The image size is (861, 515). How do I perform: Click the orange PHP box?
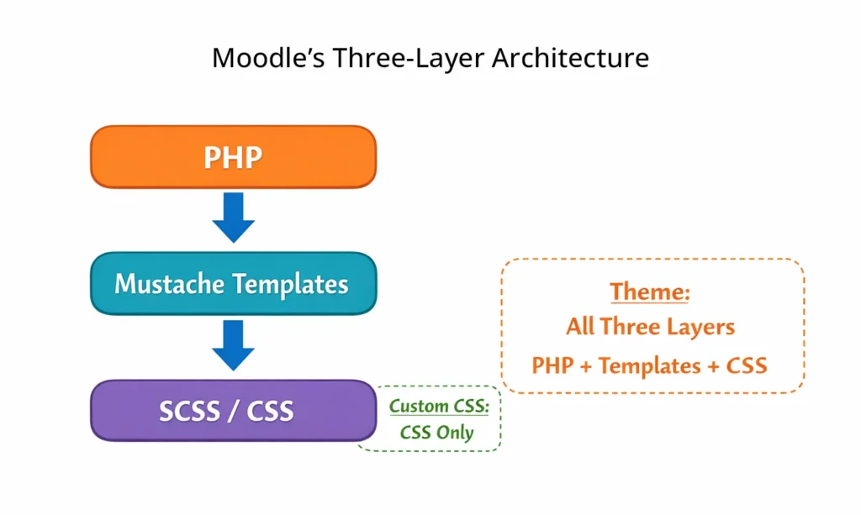click(x=233, y=157)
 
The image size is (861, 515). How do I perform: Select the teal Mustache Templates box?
click(x=233, y=283)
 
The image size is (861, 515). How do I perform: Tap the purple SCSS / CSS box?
click(x=233, y=410)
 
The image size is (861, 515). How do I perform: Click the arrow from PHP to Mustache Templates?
click(x=233, y=217)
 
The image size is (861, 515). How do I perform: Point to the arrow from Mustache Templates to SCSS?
click(x=233, y=344)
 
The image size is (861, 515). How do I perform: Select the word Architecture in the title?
click(x=570, y=58)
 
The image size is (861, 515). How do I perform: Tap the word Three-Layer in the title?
click(x=403, y=58)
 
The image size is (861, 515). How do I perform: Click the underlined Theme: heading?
click(x=650, y=292)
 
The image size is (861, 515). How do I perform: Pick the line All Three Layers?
click(x=650, y=327)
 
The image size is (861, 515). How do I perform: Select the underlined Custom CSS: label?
click(x=439, y=407)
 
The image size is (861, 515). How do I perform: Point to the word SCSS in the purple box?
click(x=189, y=410)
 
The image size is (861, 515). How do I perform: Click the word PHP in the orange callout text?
click(x=552, y=366)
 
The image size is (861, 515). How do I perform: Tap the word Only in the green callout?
click(x=455, y=434)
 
